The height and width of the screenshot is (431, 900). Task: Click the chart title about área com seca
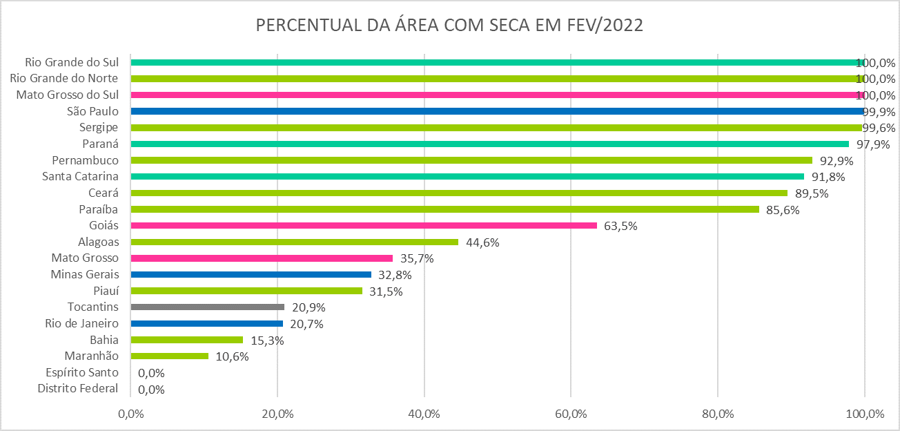click(x=449, y=26)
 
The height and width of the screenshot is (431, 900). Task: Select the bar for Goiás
click(x=363, y=225)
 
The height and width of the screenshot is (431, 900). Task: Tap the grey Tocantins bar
click(x=207, y=307)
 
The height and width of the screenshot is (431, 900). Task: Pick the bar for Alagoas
click(x=294, y=242)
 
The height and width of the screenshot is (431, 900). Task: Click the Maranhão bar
click(x=169, y=356)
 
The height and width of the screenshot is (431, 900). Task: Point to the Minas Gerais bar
click(x=251, y=274)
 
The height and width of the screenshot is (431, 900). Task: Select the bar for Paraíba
click(x=444, y=209)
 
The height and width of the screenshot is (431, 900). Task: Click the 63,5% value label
click(x=620, y=226)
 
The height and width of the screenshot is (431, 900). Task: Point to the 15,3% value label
click(x=266, y=340)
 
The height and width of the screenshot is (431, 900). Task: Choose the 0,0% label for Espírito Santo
click(x=151, y=373)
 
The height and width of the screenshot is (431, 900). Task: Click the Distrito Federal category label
click(x=78, y=389)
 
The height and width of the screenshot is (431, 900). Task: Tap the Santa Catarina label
click(x=80, y=176)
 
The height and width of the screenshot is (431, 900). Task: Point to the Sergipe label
click(x=99, y=127)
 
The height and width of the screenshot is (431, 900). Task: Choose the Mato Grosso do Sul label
click(x=68, y=95)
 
